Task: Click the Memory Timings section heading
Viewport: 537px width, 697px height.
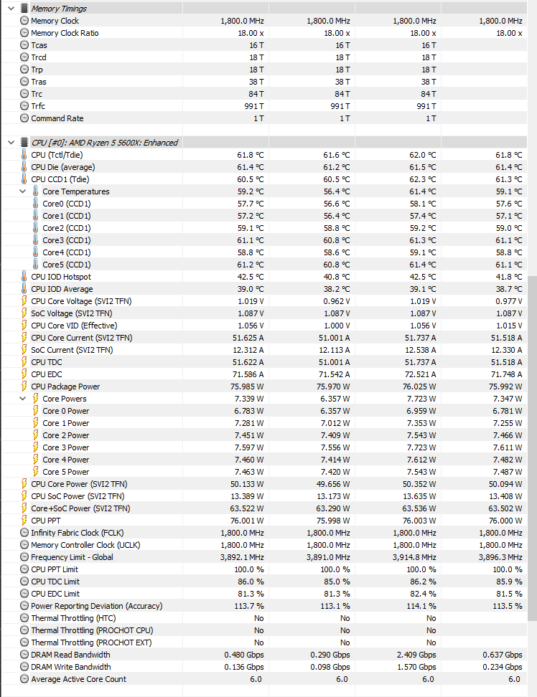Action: [x=59, y=9]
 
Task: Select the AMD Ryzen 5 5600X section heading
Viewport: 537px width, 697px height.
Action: [x=104, y=143]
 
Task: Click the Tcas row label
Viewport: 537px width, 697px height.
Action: [x=39, y=45]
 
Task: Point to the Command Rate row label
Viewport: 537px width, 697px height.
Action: [x=57, y=118]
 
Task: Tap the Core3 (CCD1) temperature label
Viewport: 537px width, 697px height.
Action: [x=66, y=240]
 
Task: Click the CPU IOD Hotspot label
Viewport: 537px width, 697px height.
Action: [x=60, y=277]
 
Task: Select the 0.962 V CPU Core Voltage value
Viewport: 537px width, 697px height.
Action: [x=335, y=301]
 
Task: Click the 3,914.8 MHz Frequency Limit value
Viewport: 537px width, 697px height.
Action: [x=414, y=557]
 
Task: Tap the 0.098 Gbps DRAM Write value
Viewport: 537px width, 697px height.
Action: [x=330, y=667]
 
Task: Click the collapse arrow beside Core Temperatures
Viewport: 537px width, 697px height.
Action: [x=23, y=191]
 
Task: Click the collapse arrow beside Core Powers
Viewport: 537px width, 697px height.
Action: [x=23, y=399]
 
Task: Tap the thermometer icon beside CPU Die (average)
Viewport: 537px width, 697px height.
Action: [x=24, y=167]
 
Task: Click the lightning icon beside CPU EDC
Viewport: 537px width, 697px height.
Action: [x=24, y=374]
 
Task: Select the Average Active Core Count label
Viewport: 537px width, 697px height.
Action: [x=78, y=679]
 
